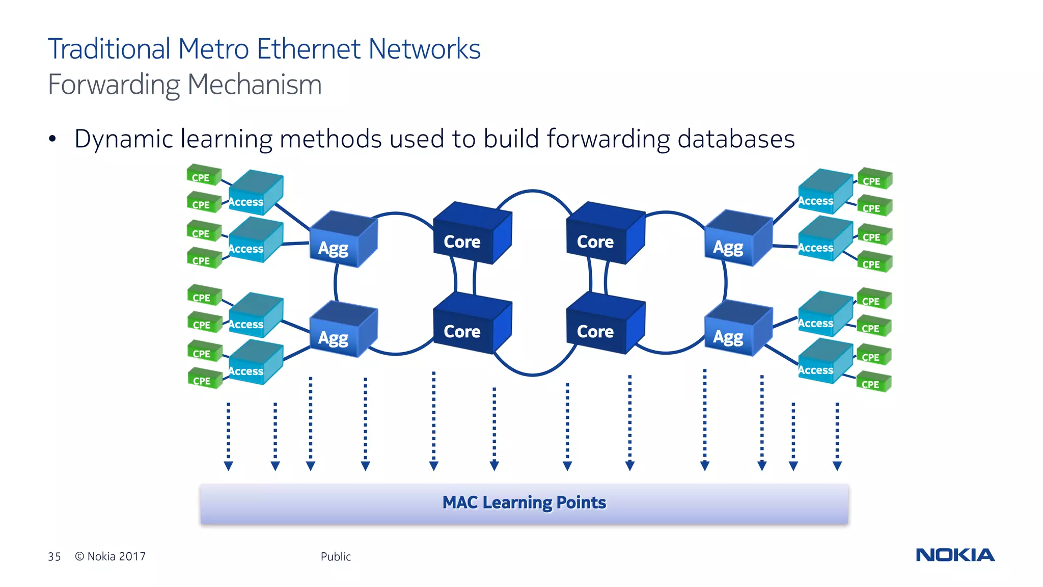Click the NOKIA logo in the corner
click(955, 555)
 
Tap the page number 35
click(54, 556)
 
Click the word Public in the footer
click(336, 556)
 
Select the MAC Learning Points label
click(524, 503)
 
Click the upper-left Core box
click(469, 234)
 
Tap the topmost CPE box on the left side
click(203, 175)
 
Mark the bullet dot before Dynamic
click(52, 139)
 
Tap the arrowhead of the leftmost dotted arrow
click(229, 466)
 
